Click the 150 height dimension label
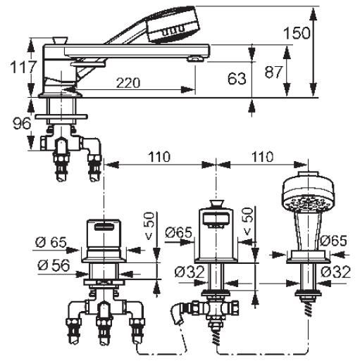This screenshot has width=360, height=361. tap(297, 33)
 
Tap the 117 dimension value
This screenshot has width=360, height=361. tap(23, 67)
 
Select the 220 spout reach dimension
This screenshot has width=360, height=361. tap(128, 82)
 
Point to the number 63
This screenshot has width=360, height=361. tap(237, 79)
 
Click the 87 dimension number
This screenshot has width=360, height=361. tap(273, 72)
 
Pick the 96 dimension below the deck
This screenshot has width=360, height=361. tap(22, 124)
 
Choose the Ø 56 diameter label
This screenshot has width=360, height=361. tap(54, 266)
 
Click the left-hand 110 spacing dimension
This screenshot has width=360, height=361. tap(159, 157)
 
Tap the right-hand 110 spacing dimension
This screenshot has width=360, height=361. tap(262, 157)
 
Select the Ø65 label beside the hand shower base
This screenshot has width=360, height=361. tap(333, 241)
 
